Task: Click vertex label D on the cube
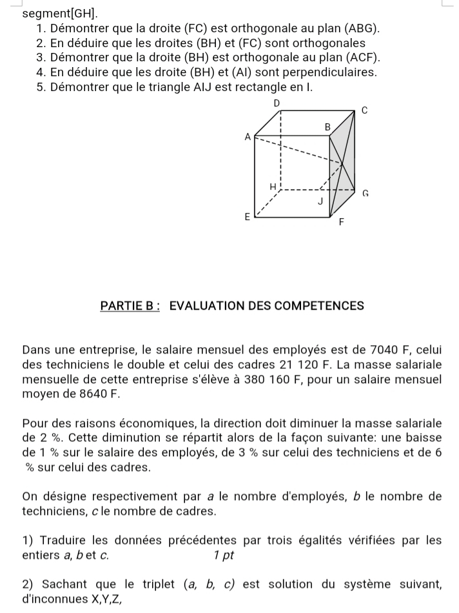click(277, 103)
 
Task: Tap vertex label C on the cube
click(364, 110)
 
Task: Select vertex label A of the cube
click(247, 137)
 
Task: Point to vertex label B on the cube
click(327, 128)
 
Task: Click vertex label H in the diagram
click(272, 186)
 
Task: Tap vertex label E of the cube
click(246, 217)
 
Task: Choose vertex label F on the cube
click(342, 223)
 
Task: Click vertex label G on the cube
click(365, 192)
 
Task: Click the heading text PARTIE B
click(131, 306)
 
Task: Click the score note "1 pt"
click(222, 554)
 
